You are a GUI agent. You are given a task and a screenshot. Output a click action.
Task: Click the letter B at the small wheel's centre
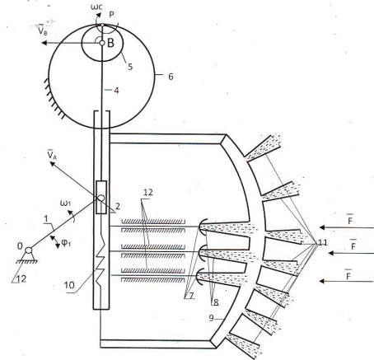coord(110,43)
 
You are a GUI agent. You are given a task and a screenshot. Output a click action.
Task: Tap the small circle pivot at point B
coord(102,43)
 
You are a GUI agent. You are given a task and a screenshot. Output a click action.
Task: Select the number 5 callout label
coord(130,66)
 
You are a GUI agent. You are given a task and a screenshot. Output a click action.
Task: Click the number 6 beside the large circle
coord(171,77)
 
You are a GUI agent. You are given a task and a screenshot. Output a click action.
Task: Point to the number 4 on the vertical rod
coord(116,91)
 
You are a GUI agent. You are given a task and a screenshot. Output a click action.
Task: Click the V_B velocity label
coord(42,30)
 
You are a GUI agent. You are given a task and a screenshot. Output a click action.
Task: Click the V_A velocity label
coord(52,154)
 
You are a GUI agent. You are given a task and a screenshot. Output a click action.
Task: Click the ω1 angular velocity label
coord(66,203)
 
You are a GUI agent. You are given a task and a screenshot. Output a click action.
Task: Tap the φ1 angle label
coord(66,243)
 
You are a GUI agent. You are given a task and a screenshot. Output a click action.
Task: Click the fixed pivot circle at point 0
coord(28,250)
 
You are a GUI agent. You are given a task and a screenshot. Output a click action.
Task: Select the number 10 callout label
coord(69,285)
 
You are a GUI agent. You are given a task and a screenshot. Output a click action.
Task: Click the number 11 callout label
coord(322,242)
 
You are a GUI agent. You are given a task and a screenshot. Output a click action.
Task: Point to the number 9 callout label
coord(211,318)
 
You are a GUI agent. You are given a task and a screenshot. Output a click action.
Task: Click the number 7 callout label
coord(191,296)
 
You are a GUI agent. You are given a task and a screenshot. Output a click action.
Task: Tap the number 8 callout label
coord(216,302)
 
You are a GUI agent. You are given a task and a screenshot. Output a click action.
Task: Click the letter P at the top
coord(111,15)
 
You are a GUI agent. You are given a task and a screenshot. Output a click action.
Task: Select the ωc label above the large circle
coord(96,7)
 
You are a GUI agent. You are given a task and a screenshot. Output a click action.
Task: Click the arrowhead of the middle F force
coord(331,253)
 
